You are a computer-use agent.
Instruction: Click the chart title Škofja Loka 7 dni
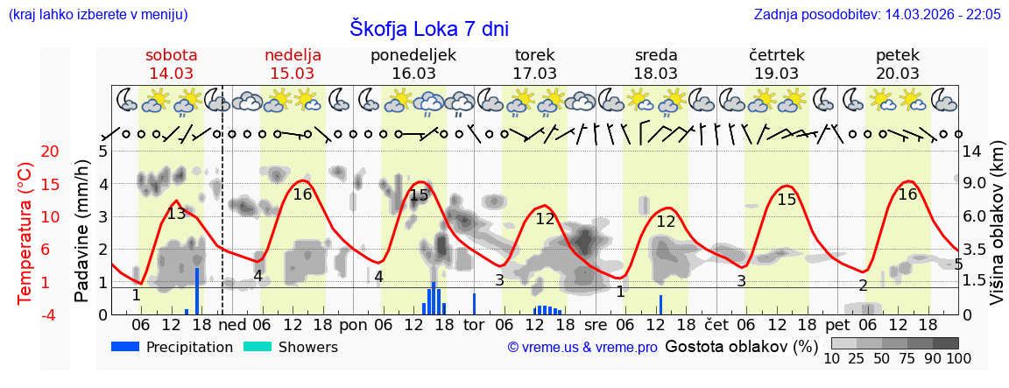(x=428, y=29)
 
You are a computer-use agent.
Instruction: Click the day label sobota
(x=172, y=55)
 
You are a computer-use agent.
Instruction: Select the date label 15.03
(x=293, y=74)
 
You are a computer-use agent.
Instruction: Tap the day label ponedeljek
(x=413, y=55)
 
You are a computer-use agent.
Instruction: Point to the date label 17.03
(x=534, y=74)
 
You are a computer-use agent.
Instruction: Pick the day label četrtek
(x=776, y=55)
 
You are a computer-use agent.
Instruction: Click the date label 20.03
(x=898, y=74)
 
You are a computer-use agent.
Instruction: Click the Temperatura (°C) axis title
(x=26, y=232)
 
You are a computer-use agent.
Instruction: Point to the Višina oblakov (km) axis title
(x=997, y=232)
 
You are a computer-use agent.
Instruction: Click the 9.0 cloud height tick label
(x=975, y=184)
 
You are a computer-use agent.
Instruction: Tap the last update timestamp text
(x=877, y=15)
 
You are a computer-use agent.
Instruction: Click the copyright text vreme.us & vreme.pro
(x=582, y=348)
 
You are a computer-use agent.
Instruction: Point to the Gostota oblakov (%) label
(x=741, y=347)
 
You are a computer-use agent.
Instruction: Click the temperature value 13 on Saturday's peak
(x=176, y=214)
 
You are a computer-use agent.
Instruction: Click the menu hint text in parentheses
(x=97, y=15)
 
